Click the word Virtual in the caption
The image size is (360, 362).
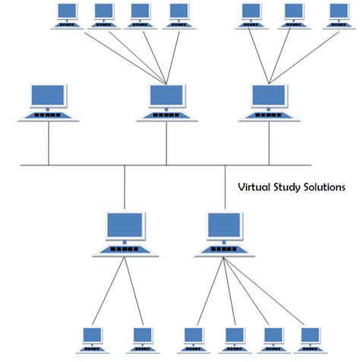click(255, 186)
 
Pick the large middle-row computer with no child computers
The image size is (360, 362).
click(49, 102)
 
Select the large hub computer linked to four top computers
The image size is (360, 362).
click(166, 102)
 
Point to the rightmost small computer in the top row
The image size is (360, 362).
click(339, 15)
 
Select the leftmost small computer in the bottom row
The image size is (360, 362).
click(92, 339)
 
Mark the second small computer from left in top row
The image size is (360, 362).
click(104, 15)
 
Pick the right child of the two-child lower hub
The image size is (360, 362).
click(141, 339)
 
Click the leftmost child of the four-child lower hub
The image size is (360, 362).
click(194, 339)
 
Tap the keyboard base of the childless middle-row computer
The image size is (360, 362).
click(49, 116)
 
